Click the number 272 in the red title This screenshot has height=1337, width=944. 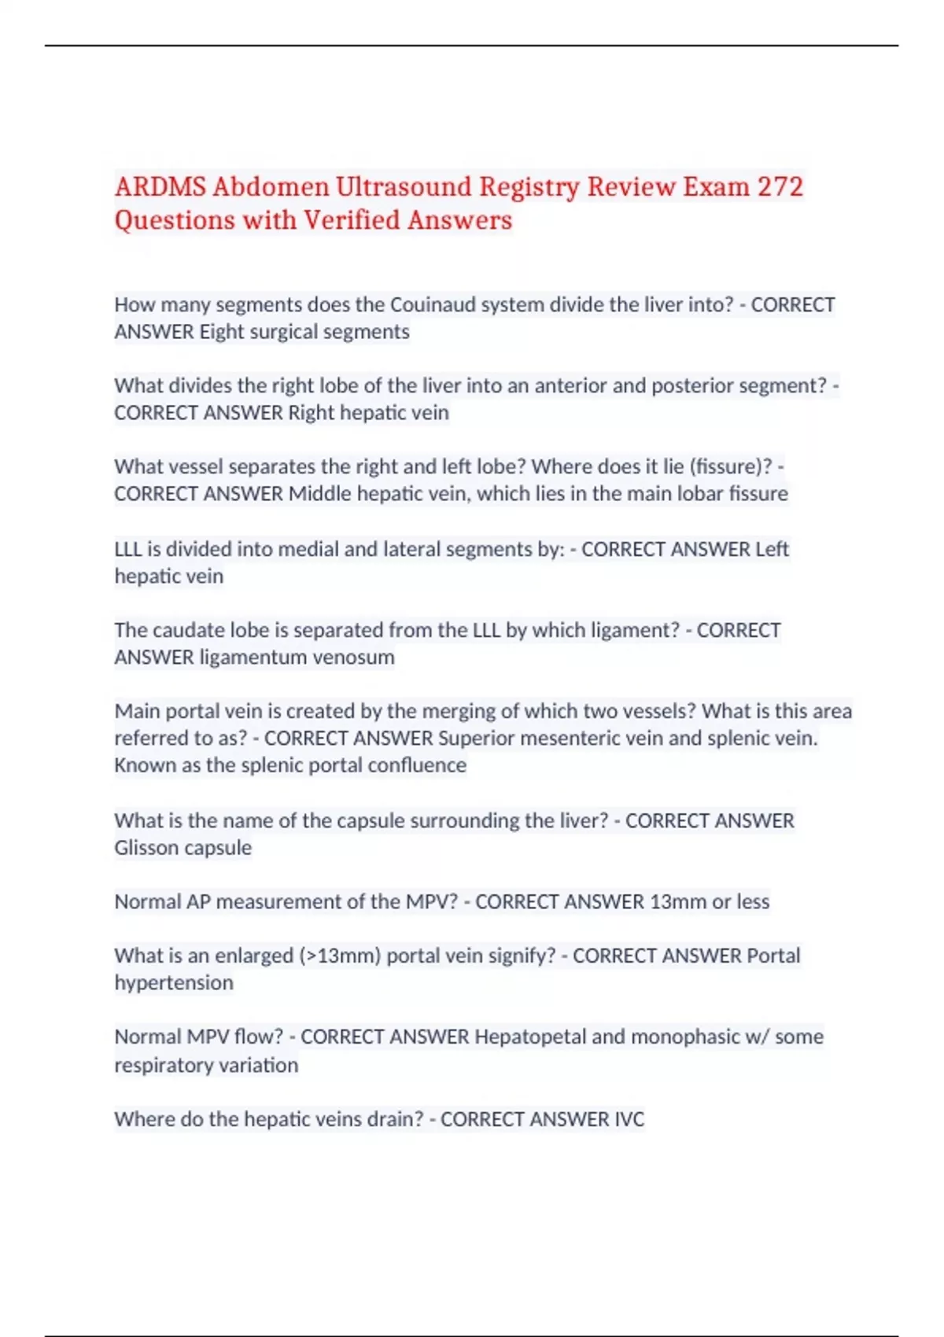[x=780, y=187]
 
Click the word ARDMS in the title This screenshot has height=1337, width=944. [x=160, y=187]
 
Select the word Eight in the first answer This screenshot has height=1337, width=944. [x=222, y=332]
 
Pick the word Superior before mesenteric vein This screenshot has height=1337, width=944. [x=476, y=738]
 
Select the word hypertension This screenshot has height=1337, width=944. [x=174, y=983]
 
